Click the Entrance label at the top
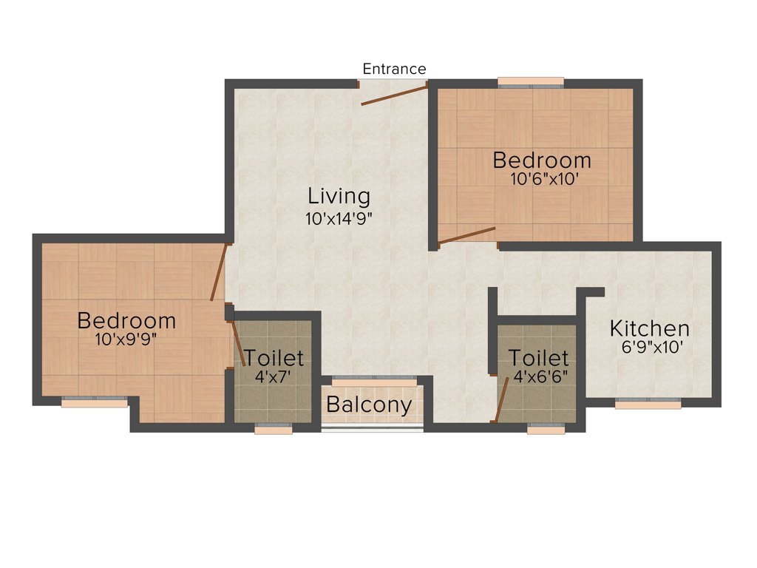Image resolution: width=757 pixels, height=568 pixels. tap(394, 69)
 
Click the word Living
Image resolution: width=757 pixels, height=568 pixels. tap(339, 196)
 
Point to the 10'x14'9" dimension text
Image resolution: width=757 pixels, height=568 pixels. tap(339, 219)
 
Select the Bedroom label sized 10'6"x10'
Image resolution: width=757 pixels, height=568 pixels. tap(542, 160)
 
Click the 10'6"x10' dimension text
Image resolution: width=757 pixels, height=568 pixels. tap(542, 178)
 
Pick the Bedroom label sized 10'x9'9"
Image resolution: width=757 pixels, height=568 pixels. tap(126, 321)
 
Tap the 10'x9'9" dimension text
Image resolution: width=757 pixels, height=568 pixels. tap(126, 339)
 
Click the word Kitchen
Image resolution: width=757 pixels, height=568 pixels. tap(650, 328)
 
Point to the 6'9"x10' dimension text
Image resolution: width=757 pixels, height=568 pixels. tap(650, 346)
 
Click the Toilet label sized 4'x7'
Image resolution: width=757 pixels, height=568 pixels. tap(274, 358)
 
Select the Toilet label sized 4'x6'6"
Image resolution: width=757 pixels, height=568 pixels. tap(538, 358)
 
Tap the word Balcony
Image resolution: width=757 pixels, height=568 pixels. tap(369, 405)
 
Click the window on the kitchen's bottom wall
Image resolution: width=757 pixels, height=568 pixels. tap(648, 405)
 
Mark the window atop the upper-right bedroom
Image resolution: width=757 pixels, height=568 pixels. tap(531, 81)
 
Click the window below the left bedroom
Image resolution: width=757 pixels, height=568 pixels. tap(94, 403)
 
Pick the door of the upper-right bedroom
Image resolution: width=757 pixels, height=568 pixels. tap(466, 235)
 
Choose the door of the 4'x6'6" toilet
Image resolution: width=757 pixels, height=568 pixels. tap(500, 399)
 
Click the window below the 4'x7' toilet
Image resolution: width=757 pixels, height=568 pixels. tap(273, 428)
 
